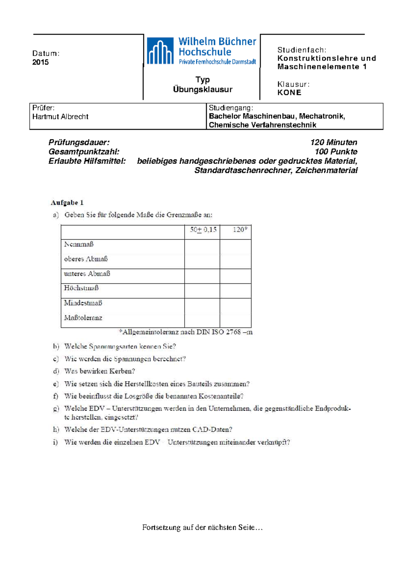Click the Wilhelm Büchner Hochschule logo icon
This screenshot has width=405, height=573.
point(160,51)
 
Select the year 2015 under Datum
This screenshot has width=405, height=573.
point(40,62)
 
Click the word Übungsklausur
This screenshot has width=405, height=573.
point(202,89)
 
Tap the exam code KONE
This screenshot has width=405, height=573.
point(289,92)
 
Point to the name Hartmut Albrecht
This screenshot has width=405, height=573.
point(60,117)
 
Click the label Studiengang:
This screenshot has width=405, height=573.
point(231,108)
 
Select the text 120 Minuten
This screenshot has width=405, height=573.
point(333,142)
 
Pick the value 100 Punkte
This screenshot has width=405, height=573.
point(336,152)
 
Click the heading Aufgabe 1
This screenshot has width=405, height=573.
point(67,202)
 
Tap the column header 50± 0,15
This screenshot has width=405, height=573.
point(203,230)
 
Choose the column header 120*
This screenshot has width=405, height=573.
point(240,230)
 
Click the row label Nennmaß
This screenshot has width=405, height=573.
point(79,244)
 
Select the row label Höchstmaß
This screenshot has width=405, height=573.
point(81,288)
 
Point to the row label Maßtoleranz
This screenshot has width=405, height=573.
point(83,318)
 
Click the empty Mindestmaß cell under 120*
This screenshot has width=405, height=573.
point(235,303)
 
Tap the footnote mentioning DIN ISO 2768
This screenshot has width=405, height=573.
point(186,332)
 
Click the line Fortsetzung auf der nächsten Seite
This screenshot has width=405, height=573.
point(202,527)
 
